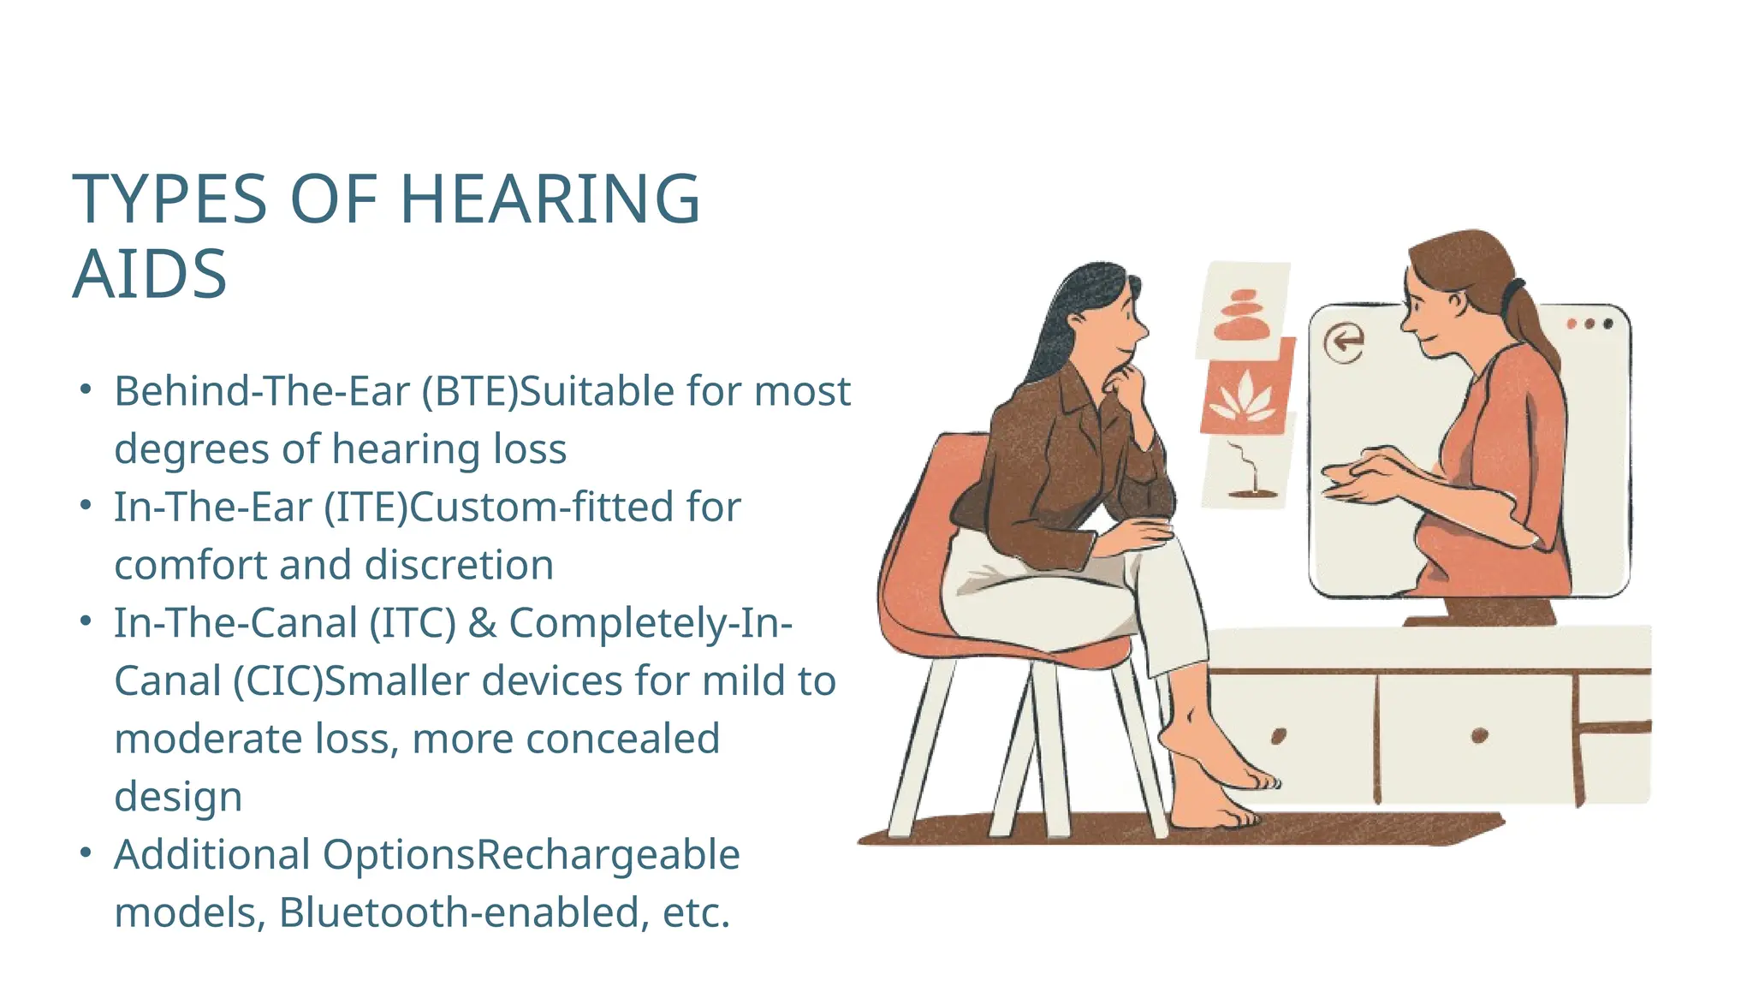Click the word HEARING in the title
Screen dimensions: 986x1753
tap(550, 199)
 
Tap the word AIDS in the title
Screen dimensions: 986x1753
tap(150, 275)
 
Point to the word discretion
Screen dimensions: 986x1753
tap(459, 566)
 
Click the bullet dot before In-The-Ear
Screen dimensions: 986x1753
tap(85, 506)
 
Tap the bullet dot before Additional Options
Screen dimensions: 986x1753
tap(85, 853)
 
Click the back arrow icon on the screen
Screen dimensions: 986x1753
tap(1344, 342)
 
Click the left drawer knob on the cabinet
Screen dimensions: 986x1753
tap(1279, 735)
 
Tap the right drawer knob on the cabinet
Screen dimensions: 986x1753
tap(1479, 734)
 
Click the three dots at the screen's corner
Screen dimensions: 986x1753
tap(1590, 324)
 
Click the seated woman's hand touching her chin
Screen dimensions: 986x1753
tap(1128, 383)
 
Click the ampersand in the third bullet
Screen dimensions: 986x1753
tap(482, 623)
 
